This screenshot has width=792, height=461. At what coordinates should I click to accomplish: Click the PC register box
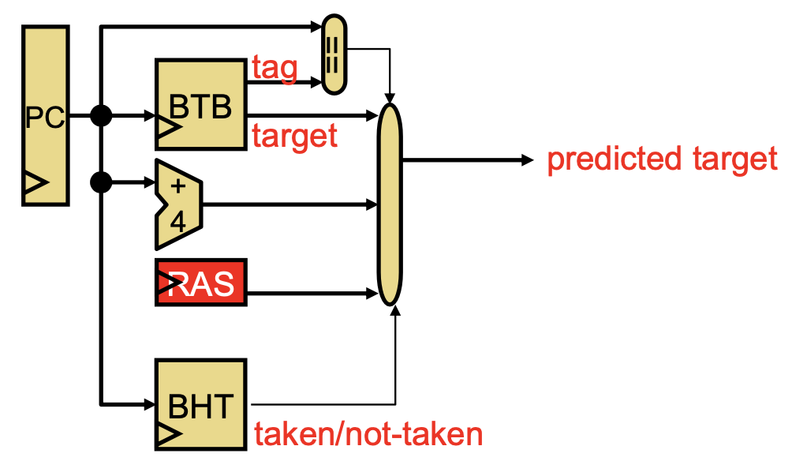click(x=46, y=115)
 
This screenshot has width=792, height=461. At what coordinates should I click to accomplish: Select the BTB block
click(x=201, y=105)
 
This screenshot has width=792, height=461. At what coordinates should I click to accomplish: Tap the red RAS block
click(x=201, y=283)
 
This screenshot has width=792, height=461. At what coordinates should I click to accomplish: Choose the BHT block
click(x=201, y=404)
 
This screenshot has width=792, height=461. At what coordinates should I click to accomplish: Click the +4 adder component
click(x=179, y=204)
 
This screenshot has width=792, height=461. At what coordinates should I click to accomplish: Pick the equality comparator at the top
click(x=334, y=54)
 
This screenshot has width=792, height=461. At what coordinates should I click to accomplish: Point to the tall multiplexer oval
click(x=390, y=204)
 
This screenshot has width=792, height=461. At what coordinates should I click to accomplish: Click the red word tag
click(x=275, y=69)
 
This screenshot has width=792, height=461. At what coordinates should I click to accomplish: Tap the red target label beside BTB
click(x=294, y=137)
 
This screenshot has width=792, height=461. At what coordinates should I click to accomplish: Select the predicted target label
click(x=662, y=159)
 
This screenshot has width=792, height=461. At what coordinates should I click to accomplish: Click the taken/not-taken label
click(x=368, y=433)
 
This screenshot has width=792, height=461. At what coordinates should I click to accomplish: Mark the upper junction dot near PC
click(x=101, y=116)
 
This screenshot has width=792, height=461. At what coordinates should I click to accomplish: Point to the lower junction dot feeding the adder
click(x=101, y=182)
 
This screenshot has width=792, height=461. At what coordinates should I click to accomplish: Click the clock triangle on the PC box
click(x=35, y=182)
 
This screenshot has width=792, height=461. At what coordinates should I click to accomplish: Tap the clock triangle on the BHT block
click(x=169, y=434)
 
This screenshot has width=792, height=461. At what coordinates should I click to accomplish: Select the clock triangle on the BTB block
click(x=169, y=127)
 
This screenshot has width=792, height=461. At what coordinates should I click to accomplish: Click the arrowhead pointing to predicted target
click(x=527, y=160)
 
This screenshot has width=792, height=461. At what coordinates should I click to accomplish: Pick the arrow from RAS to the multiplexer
click(x=312, y=293)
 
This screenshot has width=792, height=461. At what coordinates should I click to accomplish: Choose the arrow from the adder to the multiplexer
click(x=290, y=204)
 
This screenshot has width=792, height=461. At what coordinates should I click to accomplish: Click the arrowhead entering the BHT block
click(x=150, y=404)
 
